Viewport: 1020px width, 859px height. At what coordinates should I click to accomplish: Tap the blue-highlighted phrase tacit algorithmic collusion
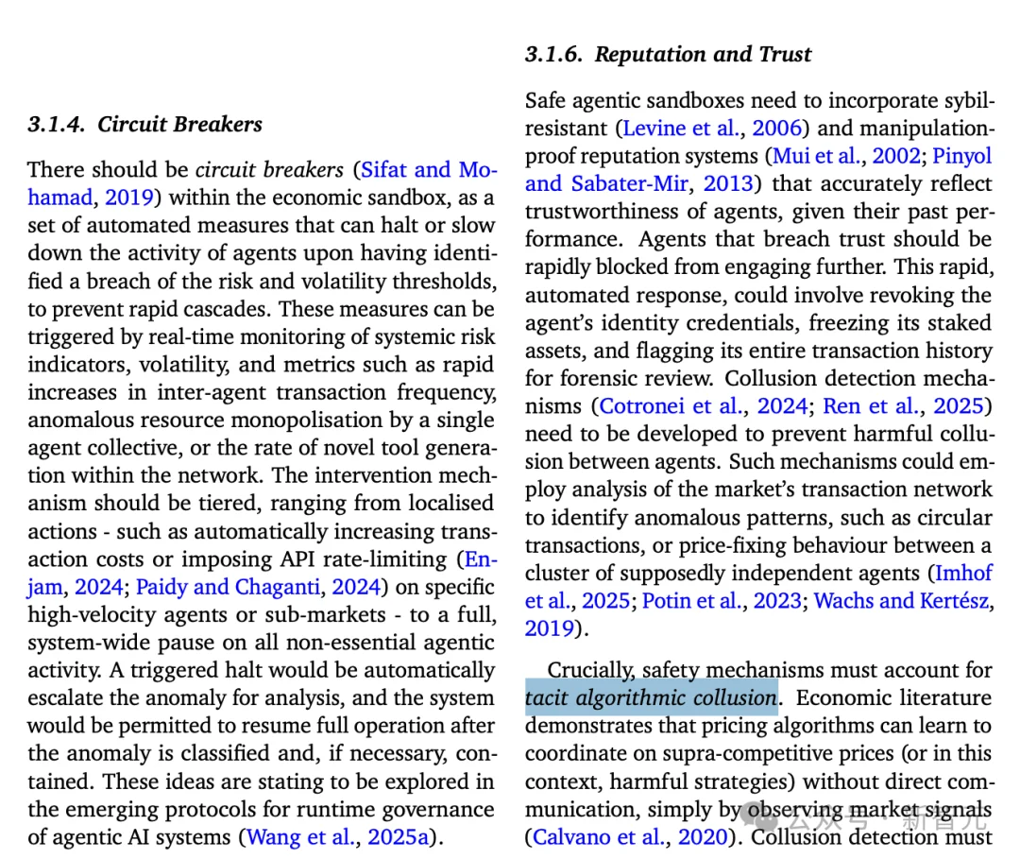coord(651,698)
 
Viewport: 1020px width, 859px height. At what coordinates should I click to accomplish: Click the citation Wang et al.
coord(300,837)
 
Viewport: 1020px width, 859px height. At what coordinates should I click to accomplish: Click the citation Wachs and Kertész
coord(903,601)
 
